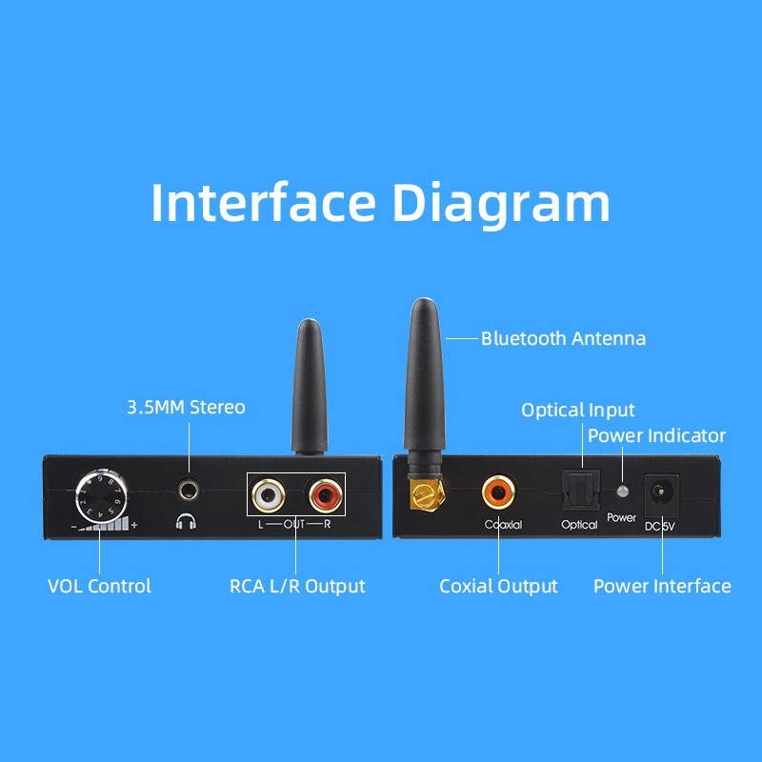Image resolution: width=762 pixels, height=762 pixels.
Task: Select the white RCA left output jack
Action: [x=268, y=494]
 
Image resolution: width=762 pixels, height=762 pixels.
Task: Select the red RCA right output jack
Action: [x=324, y=494]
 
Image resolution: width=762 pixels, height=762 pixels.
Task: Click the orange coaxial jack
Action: [x=497, y=492]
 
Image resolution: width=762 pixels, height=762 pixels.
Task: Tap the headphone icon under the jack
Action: [x=186, y=522]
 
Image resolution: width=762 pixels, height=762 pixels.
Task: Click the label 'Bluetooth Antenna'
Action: [x=563, y=338]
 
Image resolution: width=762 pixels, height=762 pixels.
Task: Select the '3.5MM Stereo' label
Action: [x=186, y=408]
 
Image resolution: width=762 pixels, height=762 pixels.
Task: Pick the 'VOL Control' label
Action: [x=99, y=586]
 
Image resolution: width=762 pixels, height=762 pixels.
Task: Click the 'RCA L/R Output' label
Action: [x=297, y=586]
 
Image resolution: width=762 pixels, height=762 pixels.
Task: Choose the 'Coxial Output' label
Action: [x=498, y=586]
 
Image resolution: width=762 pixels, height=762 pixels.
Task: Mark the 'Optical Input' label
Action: [x=577, y=411]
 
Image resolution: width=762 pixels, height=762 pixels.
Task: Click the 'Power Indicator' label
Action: [x=656, y=436]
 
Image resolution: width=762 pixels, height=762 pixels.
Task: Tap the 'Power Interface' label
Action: [x=662, y=586]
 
